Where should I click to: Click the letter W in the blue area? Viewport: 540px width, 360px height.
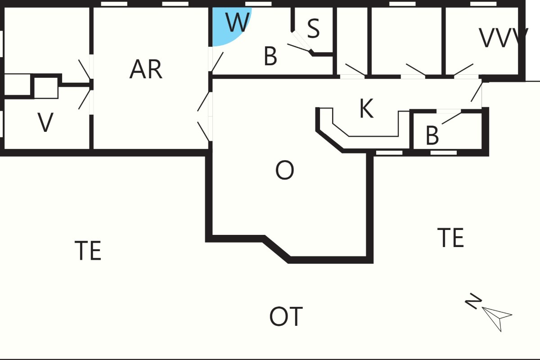(x=238, y=22)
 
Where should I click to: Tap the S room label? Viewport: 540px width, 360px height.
(x=313, y=28)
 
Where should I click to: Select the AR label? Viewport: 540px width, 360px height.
(x=146, y=69)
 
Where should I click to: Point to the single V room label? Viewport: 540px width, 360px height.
(x=45, y=122)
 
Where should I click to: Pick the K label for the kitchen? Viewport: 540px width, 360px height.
(x=366, y=108)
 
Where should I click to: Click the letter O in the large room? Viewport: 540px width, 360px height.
(x=285, y=170)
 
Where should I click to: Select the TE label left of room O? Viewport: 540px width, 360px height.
(x=88, y=250)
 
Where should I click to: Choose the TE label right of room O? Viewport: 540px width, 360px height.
(x=450, y=238)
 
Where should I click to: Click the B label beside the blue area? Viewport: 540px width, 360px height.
(x=270, y=56)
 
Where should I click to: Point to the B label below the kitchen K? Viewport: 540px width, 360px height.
(x=432, y=135)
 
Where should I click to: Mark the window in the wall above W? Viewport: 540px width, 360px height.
(x=258, y=4)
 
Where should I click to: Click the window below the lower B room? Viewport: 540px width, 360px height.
(x=444, y=153)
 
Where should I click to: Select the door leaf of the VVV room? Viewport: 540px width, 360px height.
(x=463, y=69)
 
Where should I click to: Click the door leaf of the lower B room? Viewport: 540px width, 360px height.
(x=451, y=118)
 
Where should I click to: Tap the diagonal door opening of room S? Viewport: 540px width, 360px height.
(x=301, y=40)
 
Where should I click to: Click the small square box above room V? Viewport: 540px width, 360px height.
(x=46, y=88)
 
